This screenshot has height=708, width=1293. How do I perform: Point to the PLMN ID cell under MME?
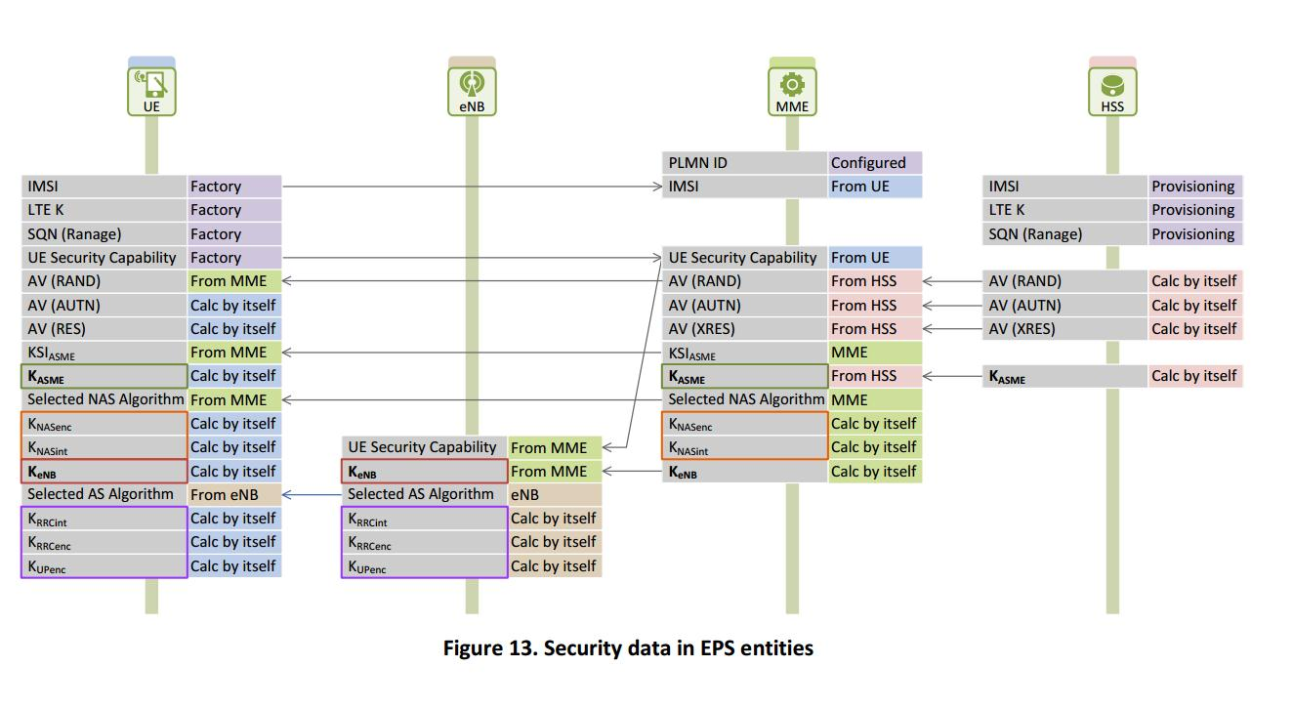(744, 163)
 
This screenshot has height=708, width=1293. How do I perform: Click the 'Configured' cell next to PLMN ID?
(874, 163)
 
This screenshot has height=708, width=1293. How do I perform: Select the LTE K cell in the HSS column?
(1065, 210)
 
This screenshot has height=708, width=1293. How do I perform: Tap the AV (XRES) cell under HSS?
(1065, 329)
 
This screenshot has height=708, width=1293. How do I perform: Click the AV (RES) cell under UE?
(104, 329)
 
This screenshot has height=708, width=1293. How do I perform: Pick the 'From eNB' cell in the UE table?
(234, 494)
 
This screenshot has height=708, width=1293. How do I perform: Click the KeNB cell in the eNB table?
(424, 472)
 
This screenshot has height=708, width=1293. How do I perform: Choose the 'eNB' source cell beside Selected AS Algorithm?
(554, 495)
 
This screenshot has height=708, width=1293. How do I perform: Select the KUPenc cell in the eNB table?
(424, 566)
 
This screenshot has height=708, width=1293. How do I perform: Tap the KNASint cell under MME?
(744, 448)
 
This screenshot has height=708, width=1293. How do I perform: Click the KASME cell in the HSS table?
(1065, 376)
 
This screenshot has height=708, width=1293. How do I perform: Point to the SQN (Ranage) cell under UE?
(104, 234)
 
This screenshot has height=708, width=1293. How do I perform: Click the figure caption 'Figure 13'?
(628, 648)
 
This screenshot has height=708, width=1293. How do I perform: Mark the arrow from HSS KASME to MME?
(952, 376)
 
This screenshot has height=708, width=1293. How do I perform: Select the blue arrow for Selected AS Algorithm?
(312, 494)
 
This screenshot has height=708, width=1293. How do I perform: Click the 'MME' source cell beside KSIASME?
(874, 353)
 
